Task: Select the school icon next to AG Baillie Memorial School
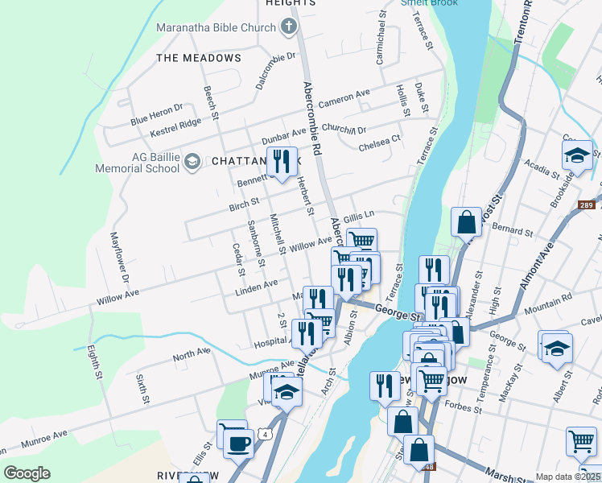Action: [192, 163]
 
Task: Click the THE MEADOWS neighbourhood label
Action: [199, 58]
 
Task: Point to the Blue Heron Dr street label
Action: [157, 114]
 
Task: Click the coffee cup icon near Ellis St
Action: [237, 443]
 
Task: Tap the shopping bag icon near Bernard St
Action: [467, 221]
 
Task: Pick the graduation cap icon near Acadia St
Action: [577, 155]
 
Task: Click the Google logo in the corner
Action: [27, 473]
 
